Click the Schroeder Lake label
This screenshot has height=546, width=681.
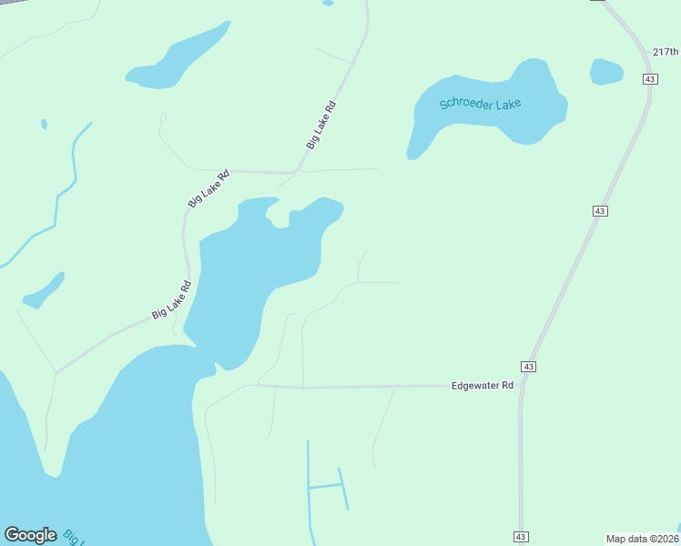pyautogui.click(x=480, y=103)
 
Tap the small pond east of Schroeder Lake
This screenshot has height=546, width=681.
pyautogui.click(x=606, y=71)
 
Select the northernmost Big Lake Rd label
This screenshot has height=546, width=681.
pyautogui.click(x=321, y=125)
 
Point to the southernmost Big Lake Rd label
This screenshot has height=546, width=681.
pyautogui.click(x=172, y=300)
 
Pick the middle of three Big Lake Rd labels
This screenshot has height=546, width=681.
pyautogui.click(x=208, y=188)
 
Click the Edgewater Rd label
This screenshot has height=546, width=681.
pyautogui.click(x=483, y=386)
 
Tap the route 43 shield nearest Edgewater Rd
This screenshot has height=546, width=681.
pyautogui.click(x=529, y=366)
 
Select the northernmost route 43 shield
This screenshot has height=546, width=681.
pyautogui.click(x=649, y=79)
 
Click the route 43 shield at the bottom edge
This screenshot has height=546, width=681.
pyautogui.click(x=520, y=537)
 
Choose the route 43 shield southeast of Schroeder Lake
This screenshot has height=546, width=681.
pyautogui.click(x=598, y=210)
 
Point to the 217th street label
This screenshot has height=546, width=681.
pyautogui.click(x=666, y=52)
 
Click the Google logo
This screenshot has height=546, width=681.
pyautogui.click(x=30, y=535)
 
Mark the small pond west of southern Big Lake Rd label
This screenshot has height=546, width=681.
pyautogui.click(x=44, y=290)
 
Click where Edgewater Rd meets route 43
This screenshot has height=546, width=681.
pyautogui.click(x=522, y=386)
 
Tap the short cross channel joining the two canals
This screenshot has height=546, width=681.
pyautogui.click(x=325, y=487)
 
